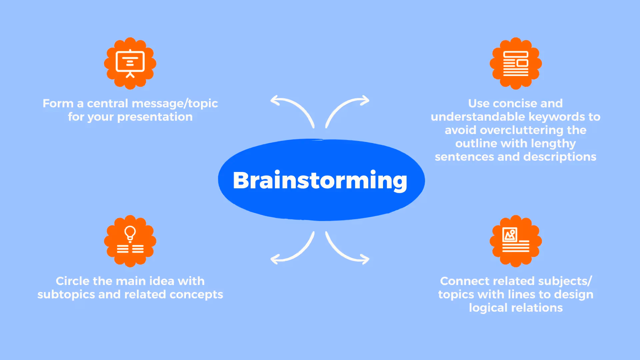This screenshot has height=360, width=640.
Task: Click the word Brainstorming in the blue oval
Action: pos(320,180)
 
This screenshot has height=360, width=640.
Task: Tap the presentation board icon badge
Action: pos(130,63)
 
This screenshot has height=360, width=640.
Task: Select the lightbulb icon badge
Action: pos(130,241)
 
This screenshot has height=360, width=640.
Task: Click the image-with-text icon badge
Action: pos(516,241)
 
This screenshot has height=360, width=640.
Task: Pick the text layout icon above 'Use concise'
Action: pos(516,63)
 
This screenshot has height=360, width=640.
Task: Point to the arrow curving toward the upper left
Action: pos(293,108)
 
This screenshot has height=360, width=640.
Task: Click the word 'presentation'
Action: pos(155,117)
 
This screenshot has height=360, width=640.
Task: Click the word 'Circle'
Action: pos(72,281)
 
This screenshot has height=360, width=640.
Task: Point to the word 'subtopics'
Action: pos(66,294)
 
